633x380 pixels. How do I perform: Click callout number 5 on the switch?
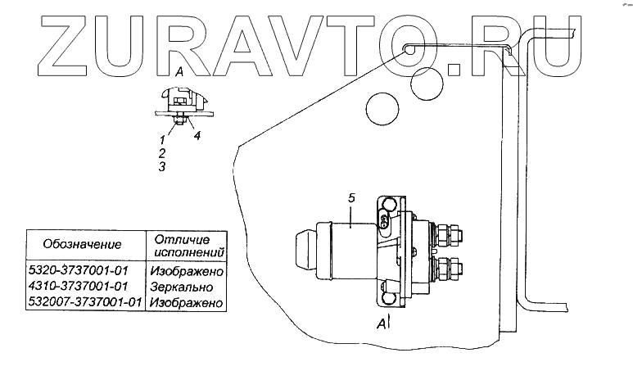coord(350,197)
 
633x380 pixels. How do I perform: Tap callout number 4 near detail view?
coord(197,136)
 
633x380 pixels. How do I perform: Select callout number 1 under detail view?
coord(161,141)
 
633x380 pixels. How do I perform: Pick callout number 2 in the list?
coord(161,153)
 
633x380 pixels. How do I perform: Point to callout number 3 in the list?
coord(161,166)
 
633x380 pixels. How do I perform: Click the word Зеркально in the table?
coord(182,287)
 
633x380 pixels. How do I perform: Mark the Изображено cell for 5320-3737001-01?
coord(188,270)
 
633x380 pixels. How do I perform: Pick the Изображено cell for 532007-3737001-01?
coord(188,303)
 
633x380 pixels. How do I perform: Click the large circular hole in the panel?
coord(382,106)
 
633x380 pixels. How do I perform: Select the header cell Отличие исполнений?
coord(186,244)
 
